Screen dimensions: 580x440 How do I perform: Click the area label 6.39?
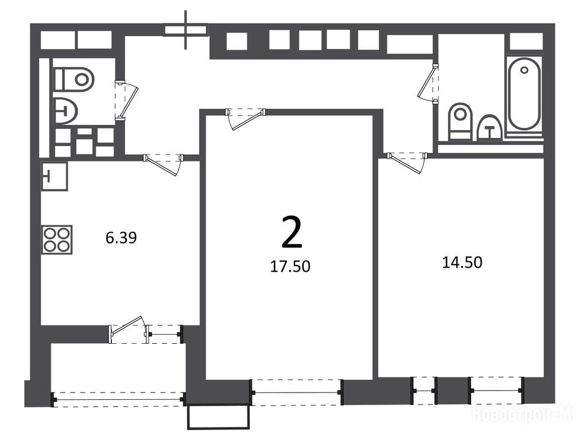point(122,238)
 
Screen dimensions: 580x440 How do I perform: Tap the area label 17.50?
point(290,266)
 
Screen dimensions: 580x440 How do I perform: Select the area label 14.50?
point(463,262)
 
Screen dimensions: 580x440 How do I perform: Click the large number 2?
point(292,231)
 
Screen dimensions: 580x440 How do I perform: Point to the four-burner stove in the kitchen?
point(57,239)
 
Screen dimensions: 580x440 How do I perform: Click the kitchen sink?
point(54,176)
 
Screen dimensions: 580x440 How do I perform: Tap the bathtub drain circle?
point(524,69)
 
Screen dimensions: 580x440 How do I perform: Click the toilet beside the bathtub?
point(460,121)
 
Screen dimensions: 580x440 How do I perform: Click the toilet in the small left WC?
point(73,79)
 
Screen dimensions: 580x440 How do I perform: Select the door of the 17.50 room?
point(246,119)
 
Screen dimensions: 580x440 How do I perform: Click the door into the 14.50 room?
point(407,162)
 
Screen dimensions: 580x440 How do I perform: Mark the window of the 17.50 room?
point(297,392)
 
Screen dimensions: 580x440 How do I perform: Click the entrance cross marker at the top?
point(186,30)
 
